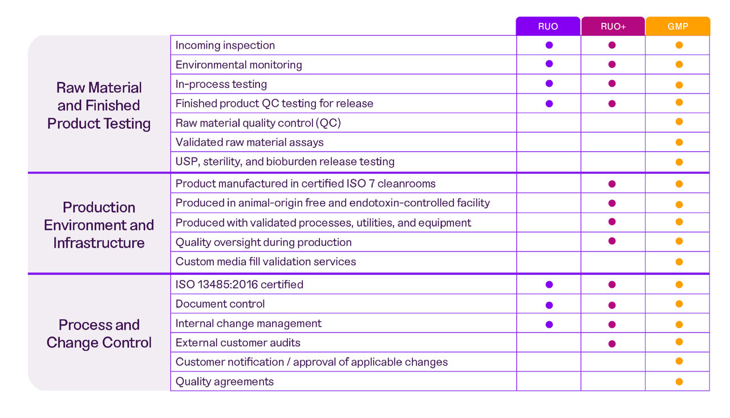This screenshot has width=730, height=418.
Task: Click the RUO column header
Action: (548, 26)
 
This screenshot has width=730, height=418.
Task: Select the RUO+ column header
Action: (613, 26)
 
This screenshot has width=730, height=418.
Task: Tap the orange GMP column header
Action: (678, 26)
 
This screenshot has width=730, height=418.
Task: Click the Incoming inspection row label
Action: (225, 46)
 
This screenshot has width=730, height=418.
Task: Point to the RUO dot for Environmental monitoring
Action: (549, 64)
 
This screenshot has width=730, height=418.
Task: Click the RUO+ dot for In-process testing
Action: (612, 83)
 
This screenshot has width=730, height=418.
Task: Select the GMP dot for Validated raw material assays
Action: (679, 143)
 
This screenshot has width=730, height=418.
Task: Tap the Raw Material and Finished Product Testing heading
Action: (99, 105)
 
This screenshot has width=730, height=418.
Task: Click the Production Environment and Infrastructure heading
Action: (99, 225)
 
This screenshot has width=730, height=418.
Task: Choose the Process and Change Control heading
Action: (99, 334)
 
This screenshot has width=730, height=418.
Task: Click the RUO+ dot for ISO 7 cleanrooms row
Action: (612, 184)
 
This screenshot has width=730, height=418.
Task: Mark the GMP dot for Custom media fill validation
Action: (679, 262)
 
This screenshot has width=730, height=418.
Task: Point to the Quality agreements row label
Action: (225, 382)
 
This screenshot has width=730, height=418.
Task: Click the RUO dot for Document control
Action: (549, 305)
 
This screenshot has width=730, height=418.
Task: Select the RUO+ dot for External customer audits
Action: (612, 344)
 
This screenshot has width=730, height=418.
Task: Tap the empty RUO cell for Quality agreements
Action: (549, 382)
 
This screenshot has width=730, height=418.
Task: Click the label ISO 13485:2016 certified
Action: (240, 285)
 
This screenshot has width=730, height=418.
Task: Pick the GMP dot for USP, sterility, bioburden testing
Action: (679, 162)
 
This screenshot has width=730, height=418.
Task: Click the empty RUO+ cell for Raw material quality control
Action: (613, 123)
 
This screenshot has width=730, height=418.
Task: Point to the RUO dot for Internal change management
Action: (549, 324)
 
